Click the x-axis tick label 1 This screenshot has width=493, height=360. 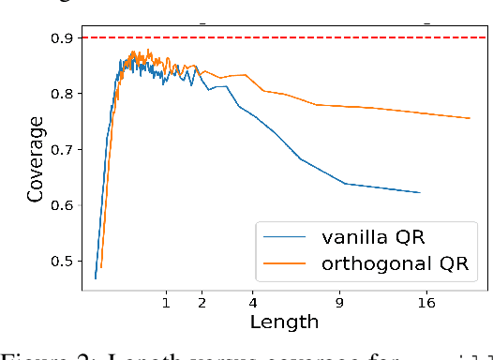[166, 302]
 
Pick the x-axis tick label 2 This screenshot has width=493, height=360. [202, 302]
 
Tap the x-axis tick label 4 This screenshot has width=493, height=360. [253, 302]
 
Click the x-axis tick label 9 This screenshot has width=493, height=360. [339, 302]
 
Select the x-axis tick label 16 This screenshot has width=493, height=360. [426, 302]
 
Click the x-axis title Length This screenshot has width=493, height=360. [284, 322]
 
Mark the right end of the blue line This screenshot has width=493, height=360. [420, 192]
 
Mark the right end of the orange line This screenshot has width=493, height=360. [470, 118]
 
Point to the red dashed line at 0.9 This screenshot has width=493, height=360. [281, 38]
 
